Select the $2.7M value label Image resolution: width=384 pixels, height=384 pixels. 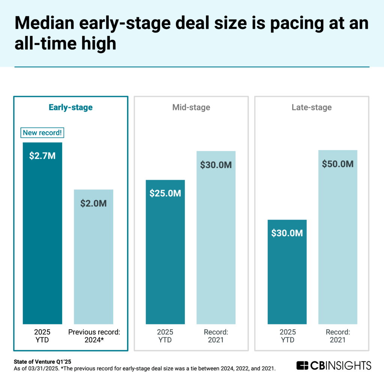pos(42,156)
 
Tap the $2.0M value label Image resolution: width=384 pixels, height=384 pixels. pos(93,203)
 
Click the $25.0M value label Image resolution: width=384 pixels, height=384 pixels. pos(165,193)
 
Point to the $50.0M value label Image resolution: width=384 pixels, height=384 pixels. pos(337,164)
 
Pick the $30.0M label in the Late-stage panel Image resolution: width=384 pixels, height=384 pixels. pos(287,233)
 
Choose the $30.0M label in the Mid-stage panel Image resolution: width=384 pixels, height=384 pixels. pos(216,165)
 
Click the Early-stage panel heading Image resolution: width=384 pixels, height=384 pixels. pos(70,107)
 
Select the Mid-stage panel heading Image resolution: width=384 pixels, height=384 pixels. pos(191,107)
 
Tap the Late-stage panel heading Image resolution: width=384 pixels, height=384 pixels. pos(312,107)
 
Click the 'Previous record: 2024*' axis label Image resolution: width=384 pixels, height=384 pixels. pos(94,336)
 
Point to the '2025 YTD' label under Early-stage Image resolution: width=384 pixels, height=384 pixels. pos(42,336)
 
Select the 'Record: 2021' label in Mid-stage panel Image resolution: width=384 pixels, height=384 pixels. pos(216,336)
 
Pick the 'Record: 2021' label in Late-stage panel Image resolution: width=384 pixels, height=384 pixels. pos(337,336)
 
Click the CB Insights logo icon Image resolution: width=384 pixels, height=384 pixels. pos(302,365)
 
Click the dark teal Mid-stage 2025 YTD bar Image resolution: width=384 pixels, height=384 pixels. pos(165,262)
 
